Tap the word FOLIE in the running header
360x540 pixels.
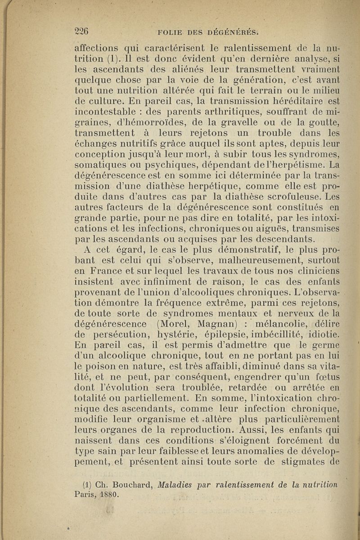tap(169, 32)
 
